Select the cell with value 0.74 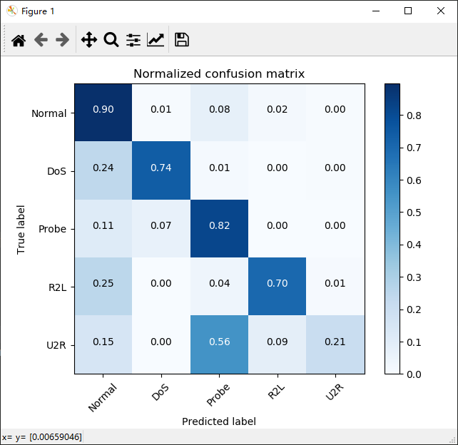coord(161,168)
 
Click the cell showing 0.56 coord(219,342)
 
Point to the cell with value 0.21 coord(335,342)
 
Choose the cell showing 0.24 coord(103,168)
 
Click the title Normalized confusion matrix coord(219,74)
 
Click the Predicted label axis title coord(219,421)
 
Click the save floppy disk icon coord(182,40)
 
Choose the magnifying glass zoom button coord(111,40)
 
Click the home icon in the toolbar coord(19,40)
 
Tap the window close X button coord(441,11)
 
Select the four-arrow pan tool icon coord(88,40)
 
